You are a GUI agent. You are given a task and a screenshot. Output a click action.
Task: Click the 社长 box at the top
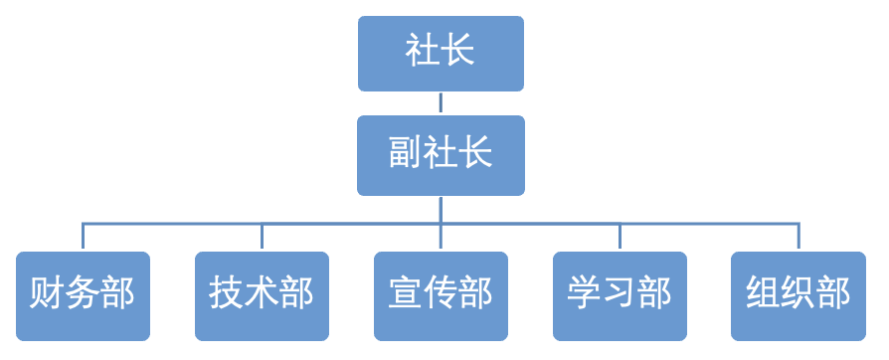tap(441, 54)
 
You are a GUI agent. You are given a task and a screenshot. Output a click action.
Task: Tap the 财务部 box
tap(83, 295)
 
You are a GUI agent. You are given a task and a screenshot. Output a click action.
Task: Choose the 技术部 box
tap(262, 295)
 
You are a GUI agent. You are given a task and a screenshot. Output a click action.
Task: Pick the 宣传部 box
tap(441, 295)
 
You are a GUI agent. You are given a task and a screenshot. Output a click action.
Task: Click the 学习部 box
tap(620, 295)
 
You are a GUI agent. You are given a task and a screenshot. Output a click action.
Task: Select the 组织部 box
tap(798, 295)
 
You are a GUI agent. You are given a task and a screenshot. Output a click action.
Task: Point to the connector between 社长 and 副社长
tap(441, 103)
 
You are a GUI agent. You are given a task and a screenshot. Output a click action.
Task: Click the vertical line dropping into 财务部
tap(83, 238)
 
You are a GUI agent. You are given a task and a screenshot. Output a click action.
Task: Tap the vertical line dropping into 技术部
tap(262, 238)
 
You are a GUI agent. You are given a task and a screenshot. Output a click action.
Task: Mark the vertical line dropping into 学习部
tap(620, 238)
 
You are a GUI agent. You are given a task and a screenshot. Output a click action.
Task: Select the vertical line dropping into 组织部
tap(799, 238)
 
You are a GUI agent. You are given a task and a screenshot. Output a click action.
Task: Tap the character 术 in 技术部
tap(262, 295)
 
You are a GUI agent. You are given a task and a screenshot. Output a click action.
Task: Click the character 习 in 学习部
tap(620, 295)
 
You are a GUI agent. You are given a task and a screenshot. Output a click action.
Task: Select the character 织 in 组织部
tap(799, 295)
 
